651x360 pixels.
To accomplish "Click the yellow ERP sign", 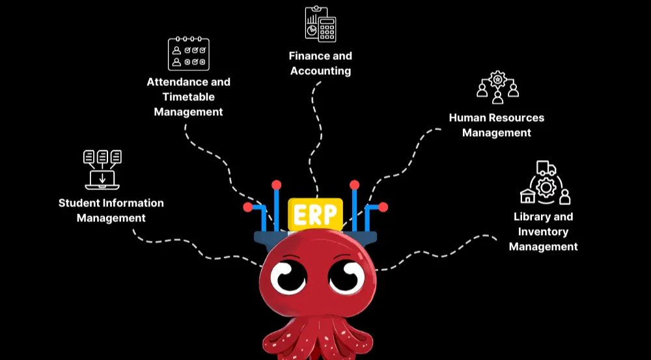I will pos(315,214).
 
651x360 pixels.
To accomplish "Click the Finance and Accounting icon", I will pos(320,24).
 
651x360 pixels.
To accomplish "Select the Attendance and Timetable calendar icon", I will pos(188,53).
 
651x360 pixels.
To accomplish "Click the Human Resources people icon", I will pos(497,87).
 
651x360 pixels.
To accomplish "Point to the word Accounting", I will pos(320,71).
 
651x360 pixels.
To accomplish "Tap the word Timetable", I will pos(189,97).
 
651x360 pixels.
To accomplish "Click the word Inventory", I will pos(543,232).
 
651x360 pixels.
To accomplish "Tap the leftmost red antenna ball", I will pos(248,207).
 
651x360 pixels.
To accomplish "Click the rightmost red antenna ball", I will pos(383,207).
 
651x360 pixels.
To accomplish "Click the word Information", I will pos(132,203).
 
